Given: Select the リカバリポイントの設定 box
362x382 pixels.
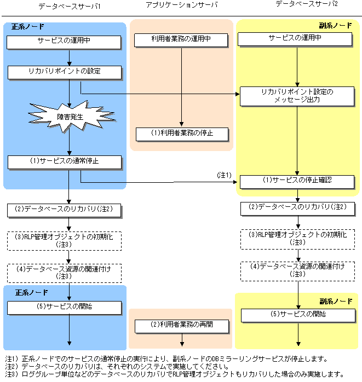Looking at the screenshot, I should click(64, 72).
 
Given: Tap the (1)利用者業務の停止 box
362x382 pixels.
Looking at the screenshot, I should click(181, 133).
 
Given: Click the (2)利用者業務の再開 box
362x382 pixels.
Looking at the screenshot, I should click(181, 325).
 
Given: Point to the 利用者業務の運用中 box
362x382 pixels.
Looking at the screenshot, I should click(181, 40).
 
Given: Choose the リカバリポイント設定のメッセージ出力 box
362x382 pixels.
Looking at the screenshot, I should click(297, 95).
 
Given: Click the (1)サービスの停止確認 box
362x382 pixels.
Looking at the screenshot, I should click(297, 181).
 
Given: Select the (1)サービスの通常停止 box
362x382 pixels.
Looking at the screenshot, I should click(64, 161).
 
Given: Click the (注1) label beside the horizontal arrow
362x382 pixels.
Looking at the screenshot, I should click(225, 175).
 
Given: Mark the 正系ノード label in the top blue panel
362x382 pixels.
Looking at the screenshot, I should click(28, 26).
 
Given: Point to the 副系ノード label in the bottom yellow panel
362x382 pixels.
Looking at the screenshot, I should click(336, 301).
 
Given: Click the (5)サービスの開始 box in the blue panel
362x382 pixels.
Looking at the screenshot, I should click(64, 307).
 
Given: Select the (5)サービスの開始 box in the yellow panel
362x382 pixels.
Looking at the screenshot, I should click(297, 315).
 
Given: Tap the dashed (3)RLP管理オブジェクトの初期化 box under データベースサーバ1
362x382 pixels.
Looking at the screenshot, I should click(64, 240).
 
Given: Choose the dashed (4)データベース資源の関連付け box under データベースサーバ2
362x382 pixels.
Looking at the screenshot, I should click(297, 270).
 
